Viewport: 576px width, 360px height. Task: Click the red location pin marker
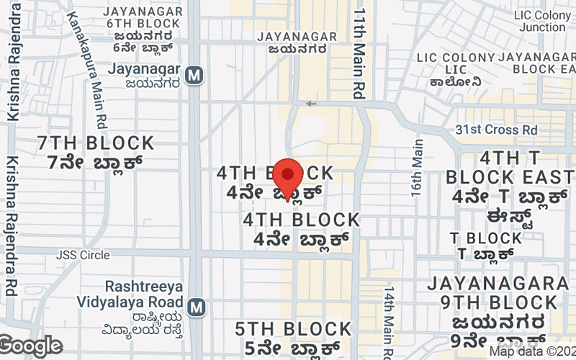click(x=288, y=176)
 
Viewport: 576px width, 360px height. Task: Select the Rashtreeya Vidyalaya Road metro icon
click(x=194, y=307)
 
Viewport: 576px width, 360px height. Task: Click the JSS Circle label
click(x=84, y=255)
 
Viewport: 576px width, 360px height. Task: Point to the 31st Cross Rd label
click(x=496, y=130)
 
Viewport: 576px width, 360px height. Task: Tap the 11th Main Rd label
click(x=359, y=53)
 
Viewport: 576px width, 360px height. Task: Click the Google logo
click(x=31, y=346)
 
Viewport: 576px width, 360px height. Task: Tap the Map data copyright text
click(x=533, y=351)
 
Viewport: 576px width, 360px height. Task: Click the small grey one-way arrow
click(x=311, y=104)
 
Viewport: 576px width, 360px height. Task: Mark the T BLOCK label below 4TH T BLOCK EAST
click(x=486, y=238)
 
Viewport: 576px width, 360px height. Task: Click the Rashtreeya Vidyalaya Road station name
click(x=144, y=292)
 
